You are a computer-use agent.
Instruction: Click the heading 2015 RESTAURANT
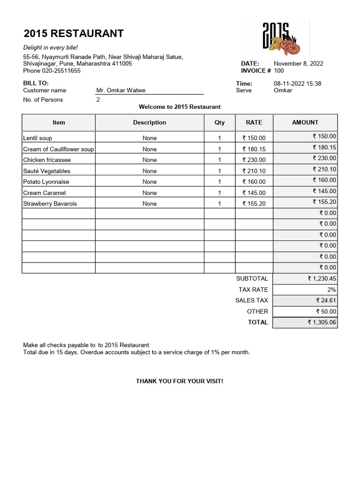74,33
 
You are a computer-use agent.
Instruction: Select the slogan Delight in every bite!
51,48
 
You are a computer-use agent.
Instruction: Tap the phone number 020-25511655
61,71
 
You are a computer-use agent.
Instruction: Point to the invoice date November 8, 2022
298,64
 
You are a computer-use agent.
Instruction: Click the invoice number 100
279,71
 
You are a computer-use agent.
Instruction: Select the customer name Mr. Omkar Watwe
121,90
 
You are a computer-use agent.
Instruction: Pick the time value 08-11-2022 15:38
297,83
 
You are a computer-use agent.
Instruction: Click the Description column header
150,122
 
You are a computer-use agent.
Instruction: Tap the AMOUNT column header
305,122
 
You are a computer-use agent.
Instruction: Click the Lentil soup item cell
38,138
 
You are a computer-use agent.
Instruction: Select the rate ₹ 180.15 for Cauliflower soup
254,149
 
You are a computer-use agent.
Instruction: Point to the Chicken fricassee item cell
47,160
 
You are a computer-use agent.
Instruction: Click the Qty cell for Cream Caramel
219,193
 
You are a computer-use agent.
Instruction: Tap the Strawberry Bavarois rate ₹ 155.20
254,204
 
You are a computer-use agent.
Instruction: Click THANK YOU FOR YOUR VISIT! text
180,381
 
